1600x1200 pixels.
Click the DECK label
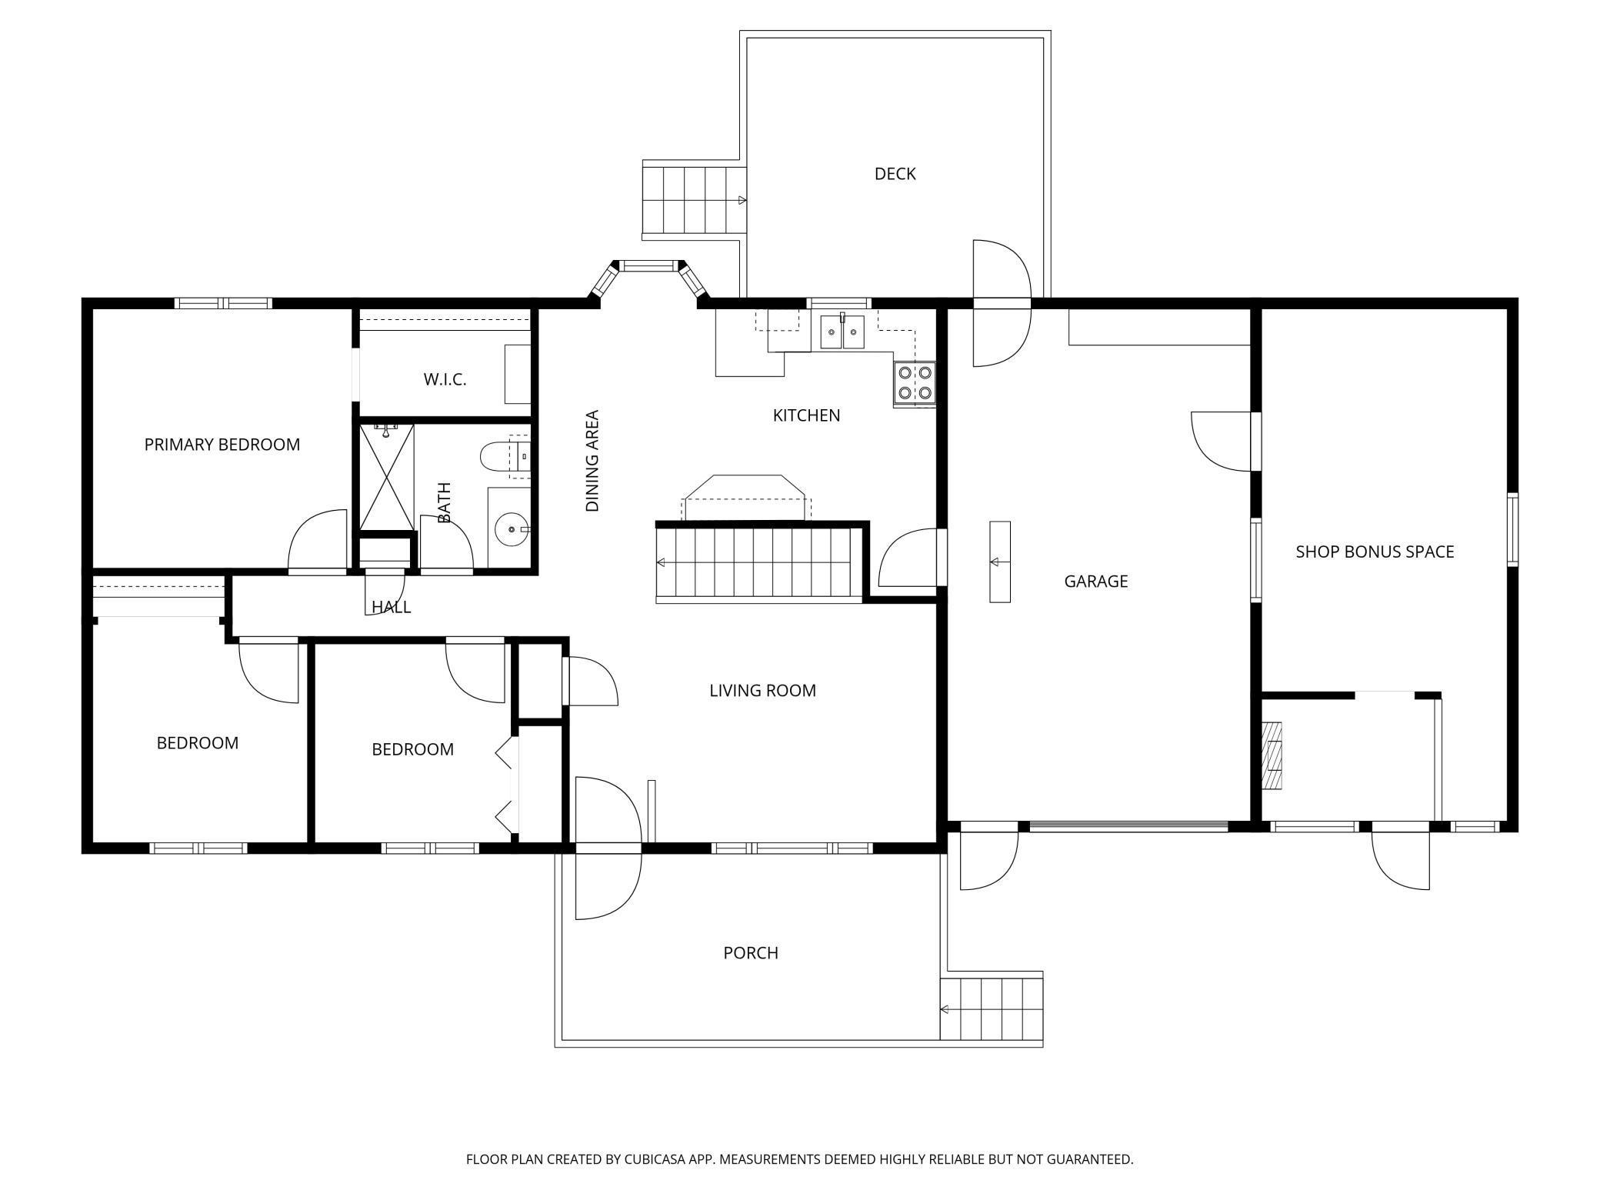[895, 174]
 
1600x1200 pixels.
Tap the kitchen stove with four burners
[915, 383]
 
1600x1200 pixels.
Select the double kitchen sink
[842, 332]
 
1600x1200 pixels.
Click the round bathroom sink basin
[509, 529]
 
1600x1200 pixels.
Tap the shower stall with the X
[387, 477]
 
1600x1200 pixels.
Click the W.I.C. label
[445, 379]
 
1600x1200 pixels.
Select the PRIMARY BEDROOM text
[222, 445]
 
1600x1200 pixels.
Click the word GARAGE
[1095, 582]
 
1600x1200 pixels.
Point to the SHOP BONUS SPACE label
[1375, 552]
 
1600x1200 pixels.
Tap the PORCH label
[751, 953]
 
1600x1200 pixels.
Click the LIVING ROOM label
[762, 691]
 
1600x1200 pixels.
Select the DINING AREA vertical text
[592, 461]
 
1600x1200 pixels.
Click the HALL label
[392, 607]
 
